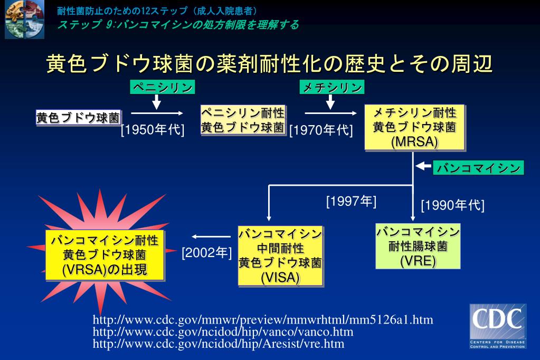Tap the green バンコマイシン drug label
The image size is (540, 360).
coord(479,168)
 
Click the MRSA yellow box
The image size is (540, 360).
coord(414,128)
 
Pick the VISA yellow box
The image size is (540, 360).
coord(280,255)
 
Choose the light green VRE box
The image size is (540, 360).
coord(418,247)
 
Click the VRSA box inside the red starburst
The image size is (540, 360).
coord(105,255)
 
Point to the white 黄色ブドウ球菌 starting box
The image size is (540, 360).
coord(78,118)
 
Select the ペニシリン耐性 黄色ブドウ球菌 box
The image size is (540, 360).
coord(243,120)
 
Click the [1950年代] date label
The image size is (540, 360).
coord(153,130)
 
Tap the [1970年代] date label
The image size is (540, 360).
coord(321,130)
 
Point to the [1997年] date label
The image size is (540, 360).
coord(351,201)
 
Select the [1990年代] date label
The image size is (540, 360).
coord(452,205)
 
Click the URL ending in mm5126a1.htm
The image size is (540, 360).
coord(263,320)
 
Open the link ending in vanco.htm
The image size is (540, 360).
coord(223,332)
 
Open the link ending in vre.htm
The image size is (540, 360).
coord(219,344)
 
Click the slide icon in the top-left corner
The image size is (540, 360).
coord(25,20)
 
